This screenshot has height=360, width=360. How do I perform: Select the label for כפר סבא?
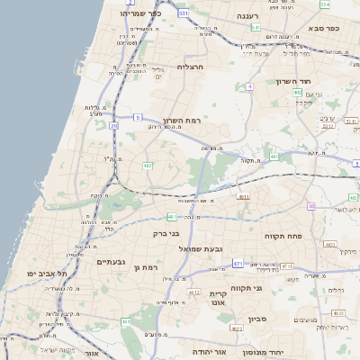tap(321, 28)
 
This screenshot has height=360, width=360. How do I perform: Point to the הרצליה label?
tap(193, 67)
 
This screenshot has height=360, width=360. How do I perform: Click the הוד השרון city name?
tap(293, 81)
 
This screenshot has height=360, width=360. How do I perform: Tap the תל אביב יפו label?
tap(50, 271)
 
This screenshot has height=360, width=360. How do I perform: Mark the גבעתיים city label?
tap(111, 261)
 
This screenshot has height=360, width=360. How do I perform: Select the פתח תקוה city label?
tap(282, 235)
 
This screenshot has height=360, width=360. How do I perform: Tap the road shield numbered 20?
tap(113, 126)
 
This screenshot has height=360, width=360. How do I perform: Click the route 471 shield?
tap(238, 263)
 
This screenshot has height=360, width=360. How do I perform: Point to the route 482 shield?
tap(147, 166)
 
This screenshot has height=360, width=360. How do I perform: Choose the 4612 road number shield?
tap(193, 292)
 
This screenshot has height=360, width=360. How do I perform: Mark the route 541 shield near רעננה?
tap(256, 28)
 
